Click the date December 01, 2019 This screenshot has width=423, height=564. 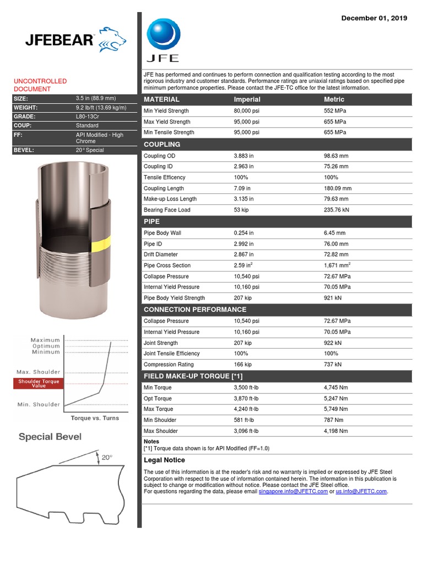(x=374, y=18)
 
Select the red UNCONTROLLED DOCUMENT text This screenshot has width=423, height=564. (x=40, y=85)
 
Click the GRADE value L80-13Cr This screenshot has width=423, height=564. (x=88, y=117)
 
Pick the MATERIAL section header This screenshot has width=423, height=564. (x=161, y=100)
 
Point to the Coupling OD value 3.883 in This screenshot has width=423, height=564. (x=243, y=156)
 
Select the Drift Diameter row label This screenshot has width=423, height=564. (x=161, y=254)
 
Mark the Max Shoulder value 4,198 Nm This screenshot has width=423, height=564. (x=336, y=431)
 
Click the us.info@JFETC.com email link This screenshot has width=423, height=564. (x=361, y=491)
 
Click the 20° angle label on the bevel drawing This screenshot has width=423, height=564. (x=107, y=457)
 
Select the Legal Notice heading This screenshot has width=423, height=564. (x=164, y=460)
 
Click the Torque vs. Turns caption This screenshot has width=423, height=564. (x=95, y=418)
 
